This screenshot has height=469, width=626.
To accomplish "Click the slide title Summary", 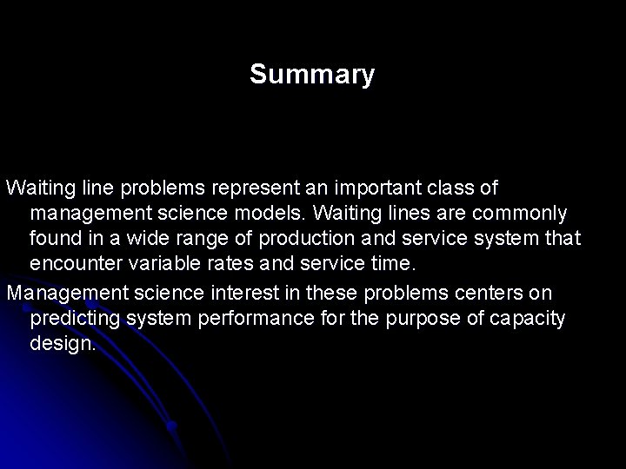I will coord(312,75).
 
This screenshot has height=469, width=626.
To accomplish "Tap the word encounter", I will coord(71,262).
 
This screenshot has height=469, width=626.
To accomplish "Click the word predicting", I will coord(75,319).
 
